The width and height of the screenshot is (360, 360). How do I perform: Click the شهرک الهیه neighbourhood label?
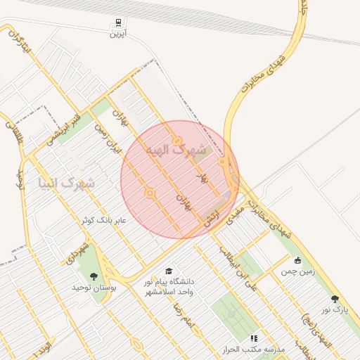176,150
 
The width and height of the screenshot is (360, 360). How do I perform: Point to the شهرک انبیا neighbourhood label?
67,184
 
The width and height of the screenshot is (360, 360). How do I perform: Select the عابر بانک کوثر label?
104,220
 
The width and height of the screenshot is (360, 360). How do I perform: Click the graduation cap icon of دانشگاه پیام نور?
168,271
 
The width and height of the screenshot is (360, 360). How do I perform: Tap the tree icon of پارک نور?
334,299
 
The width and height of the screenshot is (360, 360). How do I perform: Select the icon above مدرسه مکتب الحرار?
253,338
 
